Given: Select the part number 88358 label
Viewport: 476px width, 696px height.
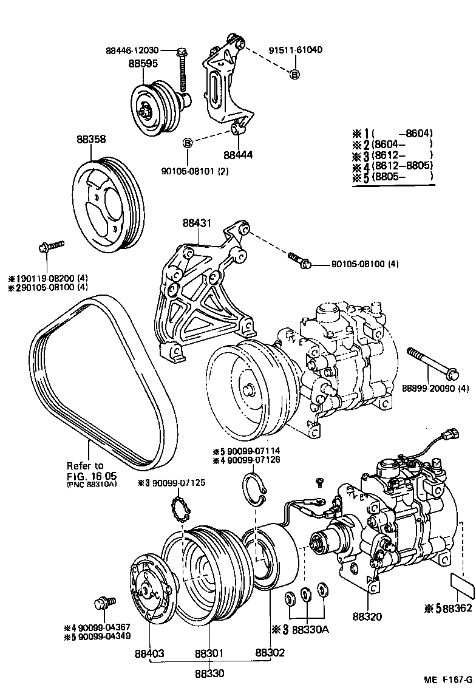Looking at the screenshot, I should coord(91,139).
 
